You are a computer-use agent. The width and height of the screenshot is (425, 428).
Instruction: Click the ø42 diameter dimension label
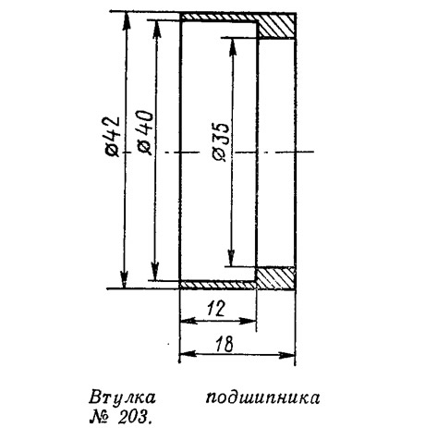(112, 136)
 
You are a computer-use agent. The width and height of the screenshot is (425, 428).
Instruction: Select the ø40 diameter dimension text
(145, 132)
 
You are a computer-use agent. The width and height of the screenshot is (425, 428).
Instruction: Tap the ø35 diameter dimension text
(221, 141)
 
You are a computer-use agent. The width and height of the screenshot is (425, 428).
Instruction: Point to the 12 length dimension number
(216, 309)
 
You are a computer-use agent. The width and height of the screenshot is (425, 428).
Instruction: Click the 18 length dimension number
(224, 344)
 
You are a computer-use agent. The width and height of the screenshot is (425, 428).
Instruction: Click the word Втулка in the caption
(122, 397)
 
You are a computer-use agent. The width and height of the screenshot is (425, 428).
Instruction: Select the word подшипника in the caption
(262, 398)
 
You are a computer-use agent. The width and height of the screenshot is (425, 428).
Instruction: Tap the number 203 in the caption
(134, 418)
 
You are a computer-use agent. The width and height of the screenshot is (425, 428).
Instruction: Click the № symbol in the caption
(100, 418)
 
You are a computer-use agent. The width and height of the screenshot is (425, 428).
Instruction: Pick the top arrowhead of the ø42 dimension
(125, 20)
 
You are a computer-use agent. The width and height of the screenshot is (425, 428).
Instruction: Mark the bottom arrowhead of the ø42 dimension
(124, 280)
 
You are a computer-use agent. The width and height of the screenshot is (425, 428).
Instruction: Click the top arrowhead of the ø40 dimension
(157, 29)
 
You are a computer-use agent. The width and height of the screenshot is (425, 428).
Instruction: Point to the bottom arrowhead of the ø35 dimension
(231, 258)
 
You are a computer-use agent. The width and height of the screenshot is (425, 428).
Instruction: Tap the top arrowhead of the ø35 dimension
(233, 47)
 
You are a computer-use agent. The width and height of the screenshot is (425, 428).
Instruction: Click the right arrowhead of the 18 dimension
(287, 355)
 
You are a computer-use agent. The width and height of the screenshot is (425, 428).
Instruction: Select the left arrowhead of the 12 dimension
(188, 321)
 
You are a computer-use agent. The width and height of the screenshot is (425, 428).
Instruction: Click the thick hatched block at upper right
(276, 25)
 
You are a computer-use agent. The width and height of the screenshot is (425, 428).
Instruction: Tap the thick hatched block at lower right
(275, 278)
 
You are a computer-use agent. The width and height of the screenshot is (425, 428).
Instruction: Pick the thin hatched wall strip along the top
(219, 17)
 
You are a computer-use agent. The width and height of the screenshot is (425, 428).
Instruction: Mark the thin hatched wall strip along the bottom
(218, 285)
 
